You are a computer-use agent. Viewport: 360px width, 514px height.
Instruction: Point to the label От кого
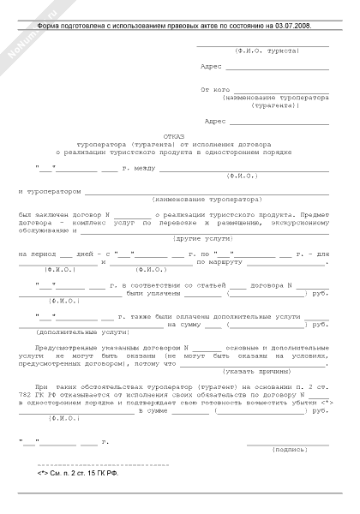click(x=214, y=88)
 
